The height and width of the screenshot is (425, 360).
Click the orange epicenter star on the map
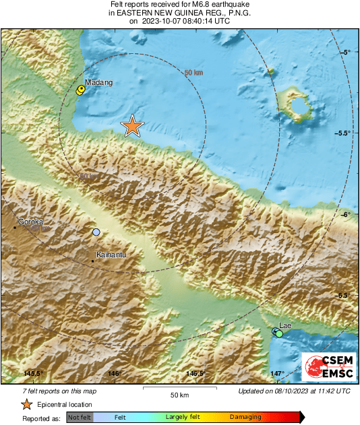click(133, 126)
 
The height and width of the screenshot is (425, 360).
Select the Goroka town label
click(30, 222)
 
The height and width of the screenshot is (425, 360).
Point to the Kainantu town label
click(111, 255)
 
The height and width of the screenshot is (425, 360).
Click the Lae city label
click(284, 325)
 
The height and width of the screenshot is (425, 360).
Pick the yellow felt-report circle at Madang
click(81, 90)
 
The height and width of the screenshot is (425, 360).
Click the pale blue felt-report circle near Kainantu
click(96, 232)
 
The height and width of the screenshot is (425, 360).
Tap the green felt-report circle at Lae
click(279, 333)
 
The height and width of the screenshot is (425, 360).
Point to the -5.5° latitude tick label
click(342, 133)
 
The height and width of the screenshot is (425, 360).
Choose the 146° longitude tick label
click(113, 373)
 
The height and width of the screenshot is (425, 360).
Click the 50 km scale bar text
click(179, 394)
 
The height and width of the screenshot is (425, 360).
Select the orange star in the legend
click(26, 404)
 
